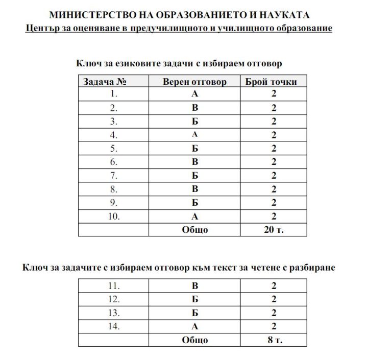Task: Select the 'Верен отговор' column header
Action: coord(194,82)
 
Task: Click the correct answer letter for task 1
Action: coord(194,94)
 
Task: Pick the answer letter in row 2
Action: coord(194,108)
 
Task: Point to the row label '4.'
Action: coord(113,135)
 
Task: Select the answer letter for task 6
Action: coord(194,162)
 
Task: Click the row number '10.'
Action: coord(113,217)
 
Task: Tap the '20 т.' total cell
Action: coord(274,230)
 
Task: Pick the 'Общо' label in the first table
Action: coord(194,230)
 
